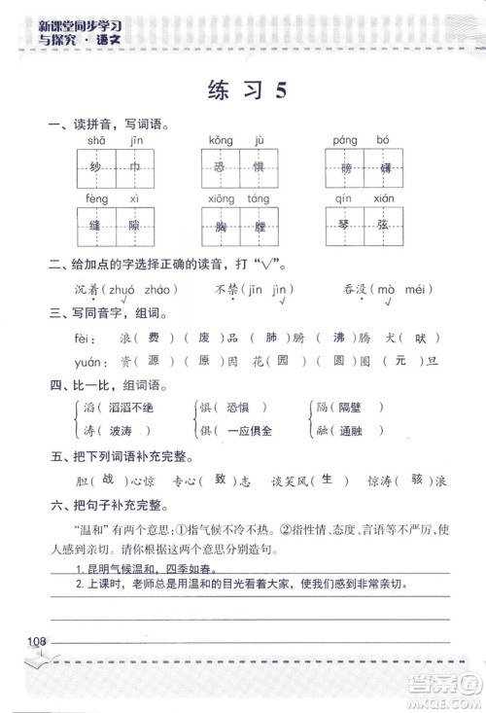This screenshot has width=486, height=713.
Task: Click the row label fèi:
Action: pyautogui.click(x=84, y=338)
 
